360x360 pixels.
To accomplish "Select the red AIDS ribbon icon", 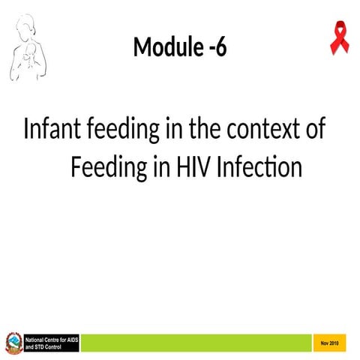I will [339, 38].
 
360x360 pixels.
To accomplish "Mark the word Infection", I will [259, 166].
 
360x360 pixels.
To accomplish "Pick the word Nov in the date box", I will [325, 343].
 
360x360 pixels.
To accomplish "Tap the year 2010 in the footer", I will [334, 343].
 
